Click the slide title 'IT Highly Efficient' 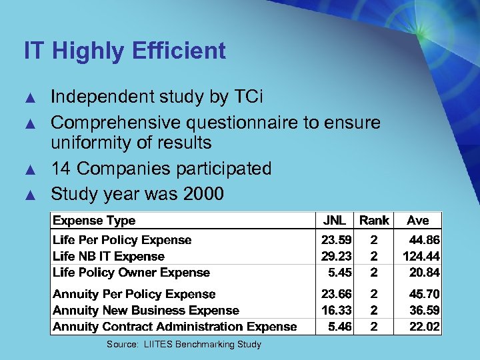[125, 51]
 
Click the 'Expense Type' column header [94, 221]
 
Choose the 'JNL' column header [334, 220]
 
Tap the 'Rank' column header [374, 220]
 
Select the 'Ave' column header [418, 220]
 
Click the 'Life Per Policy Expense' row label [122, 240]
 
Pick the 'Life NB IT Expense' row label [109, 256]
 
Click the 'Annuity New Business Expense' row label [146, 310]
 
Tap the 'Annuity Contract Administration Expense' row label [175, 326]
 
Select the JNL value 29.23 [336, 256]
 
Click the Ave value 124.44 [421, 256]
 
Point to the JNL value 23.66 [336, 294]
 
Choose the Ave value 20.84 [425, 272]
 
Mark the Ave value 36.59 [425, 310]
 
